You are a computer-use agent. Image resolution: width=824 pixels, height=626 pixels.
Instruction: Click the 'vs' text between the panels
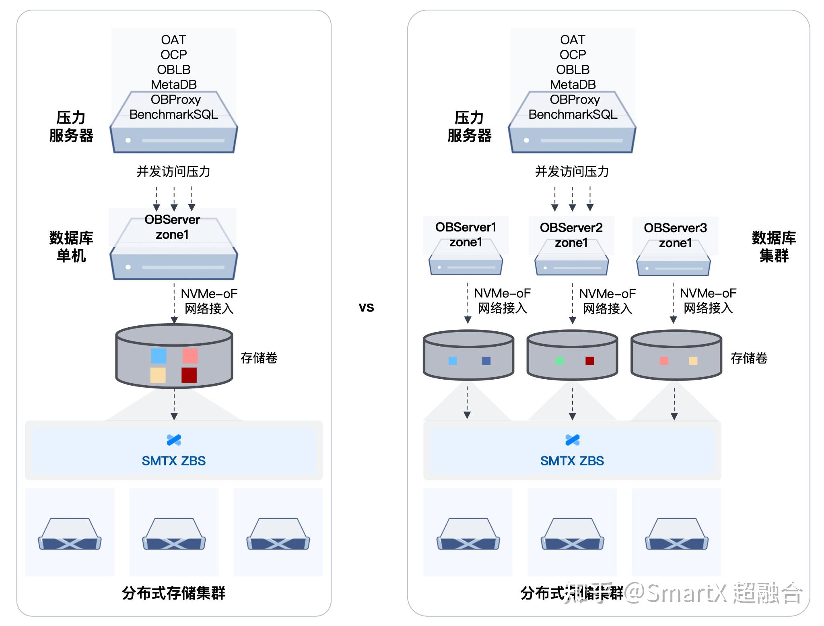click(x=366, y=307)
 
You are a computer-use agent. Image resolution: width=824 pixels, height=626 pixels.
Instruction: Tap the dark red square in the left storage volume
click(x=189, y=375)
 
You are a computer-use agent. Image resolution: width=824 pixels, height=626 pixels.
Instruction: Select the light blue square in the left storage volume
click(x=159, y=356)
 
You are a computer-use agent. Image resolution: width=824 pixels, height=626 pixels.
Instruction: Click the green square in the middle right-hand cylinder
click(x=559, y=361)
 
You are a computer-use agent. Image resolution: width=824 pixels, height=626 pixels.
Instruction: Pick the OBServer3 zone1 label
click(x=675, y=235)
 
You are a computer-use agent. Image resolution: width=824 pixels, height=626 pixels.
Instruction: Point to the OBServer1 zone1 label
click(x=466, y=234)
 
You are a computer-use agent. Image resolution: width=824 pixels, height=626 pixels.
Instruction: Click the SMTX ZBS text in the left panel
click(x=173, y=461)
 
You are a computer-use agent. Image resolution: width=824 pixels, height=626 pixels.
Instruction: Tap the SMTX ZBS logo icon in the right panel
click(x=572, y=440)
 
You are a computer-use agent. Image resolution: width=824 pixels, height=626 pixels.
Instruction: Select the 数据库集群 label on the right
click(x=773, y=246)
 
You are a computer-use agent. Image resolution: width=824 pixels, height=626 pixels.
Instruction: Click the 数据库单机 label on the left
click(x=71, y=246)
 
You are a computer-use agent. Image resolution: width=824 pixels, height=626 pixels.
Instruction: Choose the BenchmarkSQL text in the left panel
click(x=173, y=114)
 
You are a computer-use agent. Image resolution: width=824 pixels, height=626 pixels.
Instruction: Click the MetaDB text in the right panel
click(x=573, y=85)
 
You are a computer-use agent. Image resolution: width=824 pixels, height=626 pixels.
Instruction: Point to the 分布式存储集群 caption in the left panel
click(x=173, y=593)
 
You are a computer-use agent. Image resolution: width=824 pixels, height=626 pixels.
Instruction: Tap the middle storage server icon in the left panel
click(x=174, y=534)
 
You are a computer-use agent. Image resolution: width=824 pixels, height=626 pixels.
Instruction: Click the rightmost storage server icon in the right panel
click(x=676, y=534)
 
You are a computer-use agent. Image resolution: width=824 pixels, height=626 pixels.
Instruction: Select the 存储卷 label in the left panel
click(x=259, y=357)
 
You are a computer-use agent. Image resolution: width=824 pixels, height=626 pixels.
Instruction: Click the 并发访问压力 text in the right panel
click(x=572, y=171)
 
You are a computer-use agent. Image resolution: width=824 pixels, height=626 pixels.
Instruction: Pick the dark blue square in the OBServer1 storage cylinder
click(x=486, y=361)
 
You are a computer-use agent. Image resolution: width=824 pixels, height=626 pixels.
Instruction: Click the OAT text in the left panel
click(x=173, y=40)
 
